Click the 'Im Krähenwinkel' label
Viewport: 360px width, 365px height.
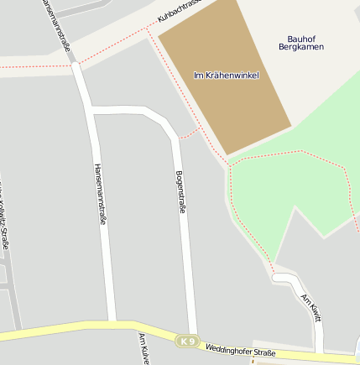pos(226,76)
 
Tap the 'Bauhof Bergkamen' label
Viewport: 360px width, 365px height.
pos(300,43)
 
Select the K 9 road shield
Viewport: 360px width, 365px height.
pos(187,342)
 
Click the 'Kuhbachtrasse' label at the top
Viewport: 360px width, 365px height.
pos(181,11)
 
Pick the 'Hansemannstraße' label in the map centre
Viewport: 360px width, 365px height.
pos(101,194)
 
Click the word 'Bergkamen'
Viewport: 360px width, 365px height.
pos(300,47)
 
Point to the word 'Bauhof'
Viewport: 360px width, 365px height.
pos(300,38)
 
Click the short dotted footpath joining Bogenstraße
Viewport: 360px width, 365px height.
pos(190,133)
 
